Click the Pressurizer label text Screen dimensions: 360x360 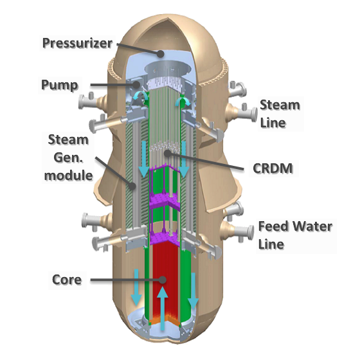point(77,43)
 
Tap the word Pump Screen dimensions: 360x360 point(60,85)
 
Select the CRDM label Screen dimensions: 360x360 point(273,168)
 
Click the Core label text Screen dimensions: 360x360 point(67,280)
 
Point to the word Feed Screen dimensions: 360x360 point(273,226)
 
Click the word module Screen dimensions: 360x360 point(68,175)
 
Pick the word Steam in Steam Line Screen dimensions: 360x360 point(280,105)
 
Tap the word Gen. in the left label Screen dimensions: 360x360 point(68,157)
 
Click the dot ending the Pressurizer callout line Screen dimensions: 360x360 point(161,54)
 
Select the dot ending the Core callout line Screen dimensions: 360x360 point(163,280)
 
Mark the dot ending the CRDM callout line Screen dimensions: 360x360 point(168,153)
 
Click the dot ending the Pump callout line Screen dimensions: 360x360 point(136,84)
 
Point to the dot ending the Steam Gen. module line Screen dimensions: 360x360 point(132,186)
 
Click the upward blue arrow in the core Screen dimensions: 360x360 point(163,308)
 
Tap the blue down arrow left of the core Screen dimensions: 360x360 point(136,287)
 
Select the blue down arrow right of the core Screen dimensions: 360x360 point(193,291)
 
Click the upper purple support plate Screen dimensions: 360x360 point(164,200)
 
